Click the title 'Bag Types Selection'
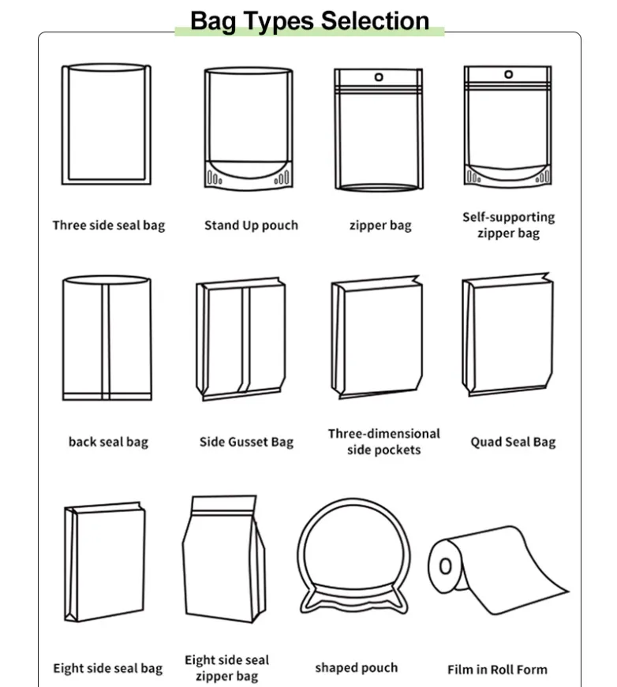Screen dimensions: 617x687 [x=309, y=21]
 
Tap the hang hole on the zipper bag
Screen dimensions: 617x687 [x=379, y=77]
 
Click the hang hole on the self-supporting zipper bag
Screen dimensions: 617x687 [x=508, y=74]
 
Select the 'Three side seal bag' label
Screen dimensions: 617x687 [x=109, y=226]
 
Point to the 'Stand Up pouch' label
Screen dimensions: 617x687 [x=251, y=226]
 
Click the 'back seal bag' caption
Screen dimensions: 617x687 [x=108, y=442]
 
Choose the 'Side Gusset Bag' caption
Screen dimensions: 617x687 [x=246, y=442]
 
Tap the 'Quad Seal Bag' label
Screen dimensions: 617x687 [x=513, y=442]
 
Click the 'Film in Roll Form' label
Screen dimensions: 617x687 [x=497, y=670]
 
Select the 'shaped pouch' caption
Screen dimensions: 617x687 [x=357, y=668]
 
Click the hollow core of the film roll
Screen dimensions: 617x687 [x=445, y=566]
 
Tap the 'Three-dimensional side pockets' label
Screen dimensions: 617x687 [x=384, y=442]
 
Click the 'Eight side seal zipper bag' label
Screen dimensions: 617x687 [x=227, y=668]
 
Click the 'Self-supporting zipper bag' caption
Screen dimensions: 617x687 [x=508, y=225]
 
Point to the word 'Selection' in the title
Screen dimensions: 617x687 [x=375, y=21]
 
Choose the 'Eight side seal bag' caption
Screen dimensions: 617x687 [x=108, y=669]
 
